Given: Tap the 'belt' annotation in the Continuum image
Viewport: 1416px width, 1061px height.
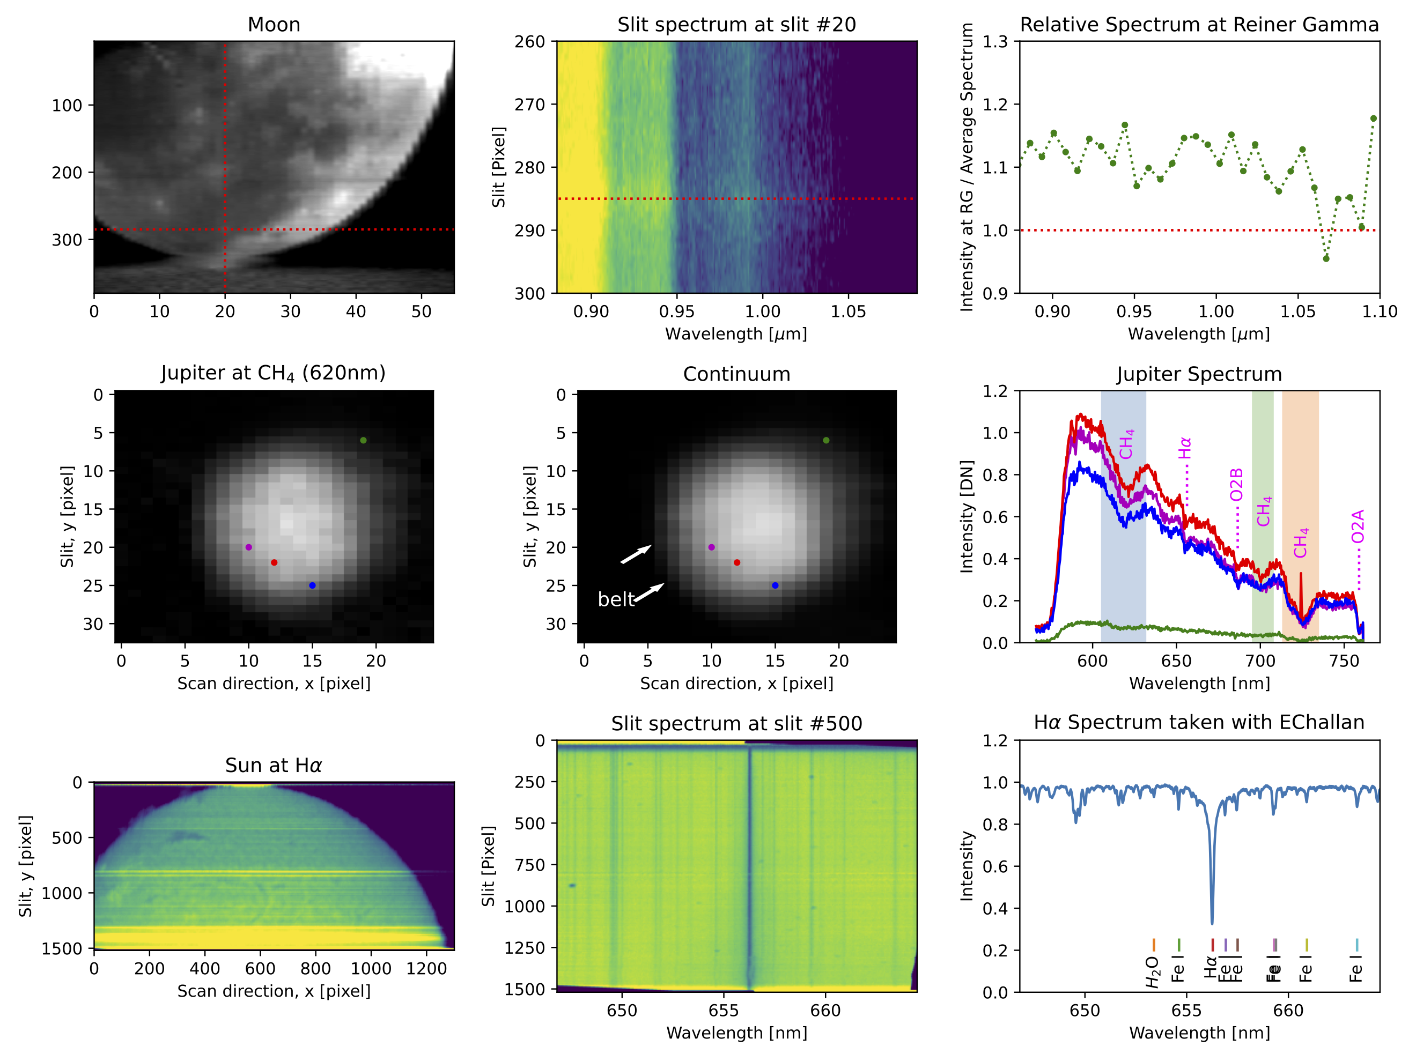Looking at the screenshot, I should (x=615, y=599).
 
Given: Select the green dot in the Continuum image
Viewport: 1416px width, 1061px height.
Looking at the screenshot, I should (x=826, y=440).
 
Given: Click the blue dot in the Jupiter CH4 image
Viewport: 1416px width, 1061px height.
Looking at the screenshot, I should (x=312, y=585).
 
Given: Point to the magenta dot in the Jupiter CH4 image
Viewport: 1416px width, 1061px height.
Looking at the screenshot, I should (x=249, y=547).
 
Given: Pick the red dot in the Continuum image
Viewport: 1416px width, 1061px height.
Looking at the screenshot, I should (x=737, y=562).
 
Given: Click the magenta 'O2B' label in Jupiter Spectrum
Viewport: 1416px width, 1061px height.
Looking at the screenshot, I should (x=1236, y=485).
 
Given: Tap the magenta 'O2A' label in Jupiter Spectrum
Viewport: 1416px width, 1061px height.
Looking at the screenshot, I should (x=1358, y=526).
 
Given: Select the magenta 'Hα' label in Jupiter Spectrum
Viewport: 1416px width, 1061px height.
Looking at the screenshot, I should (x=1185, y=448).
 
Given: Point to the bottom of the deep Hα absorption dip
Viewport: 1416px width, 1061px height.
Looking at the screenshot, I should (x=1212, y=923).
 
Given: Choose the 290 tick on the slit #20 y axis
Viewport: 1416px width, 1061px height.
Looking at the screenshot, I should (x=530, y=231).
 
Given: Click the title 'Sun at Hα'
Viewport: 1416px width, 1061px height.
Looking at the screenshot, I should (x=274, y=766).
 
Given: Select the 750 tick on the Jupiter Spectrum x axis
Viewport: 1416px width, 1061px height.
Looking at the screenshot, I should (x=1344, y=661).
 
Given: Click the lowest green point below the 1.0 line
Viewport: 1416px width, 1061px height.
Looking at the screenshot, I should (x=1326, y=258).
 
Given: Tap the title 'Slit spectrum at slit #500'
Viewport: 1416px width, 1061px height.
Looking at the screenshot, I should (x=736, y=724).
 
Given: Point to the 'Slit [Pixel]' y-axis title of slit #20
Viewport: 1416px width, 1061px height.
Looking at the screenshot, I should (x=499, y=167).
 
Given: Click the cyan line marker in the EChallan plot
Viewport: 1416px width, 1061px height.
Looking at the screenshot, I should (x=1356, y=945).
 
